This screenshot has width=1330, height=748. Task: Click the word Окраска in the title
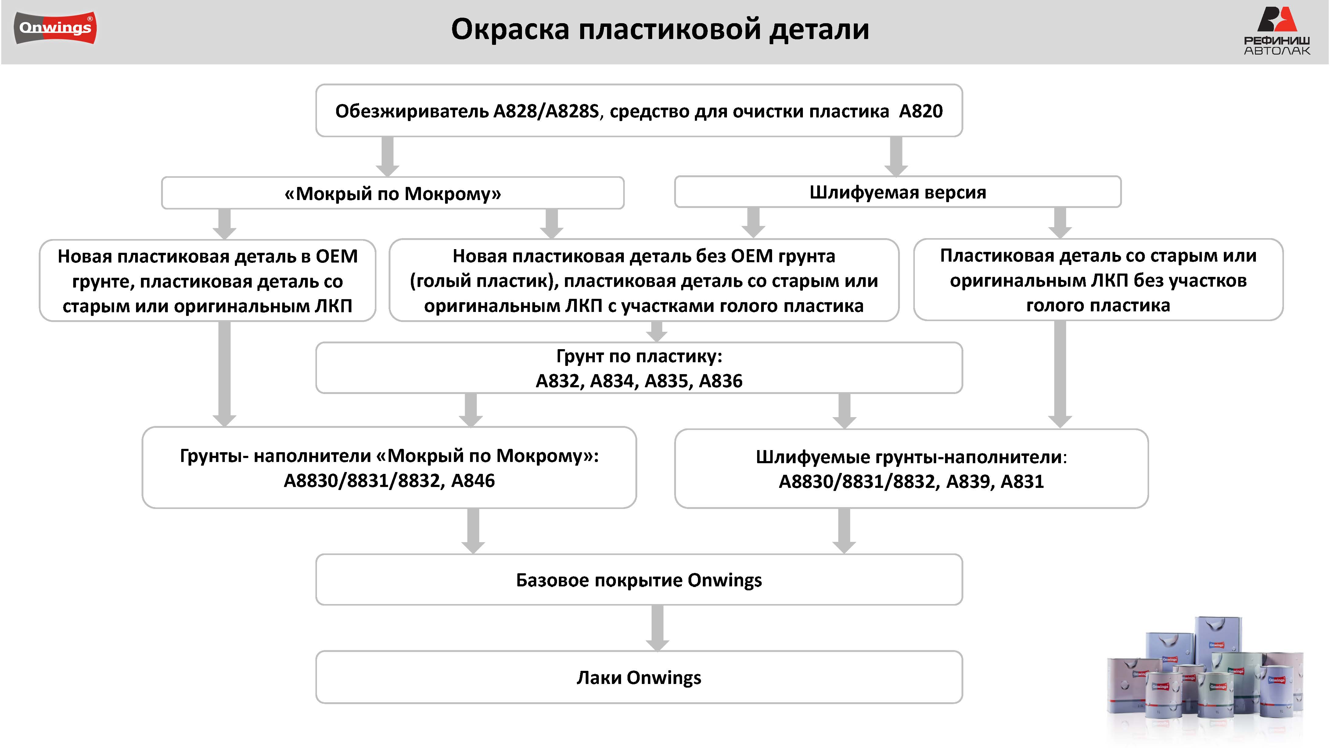[510, 29]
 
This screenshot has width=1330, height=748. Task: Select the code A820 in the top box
[921, 111]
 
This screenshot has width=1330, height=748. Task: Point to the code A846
[473, 481]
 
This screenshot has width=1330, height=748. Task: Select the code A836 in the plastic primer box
[721, 381]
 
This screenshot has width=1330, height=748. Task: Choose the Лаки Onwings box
[639, 677]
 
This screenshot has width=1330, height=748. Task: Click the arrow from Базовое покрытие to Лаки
[657, 628]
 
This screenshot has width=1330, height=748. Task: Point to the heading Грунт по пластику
[639, 356]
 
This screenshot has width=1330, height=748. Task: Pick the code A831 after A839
[1022, 481]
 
